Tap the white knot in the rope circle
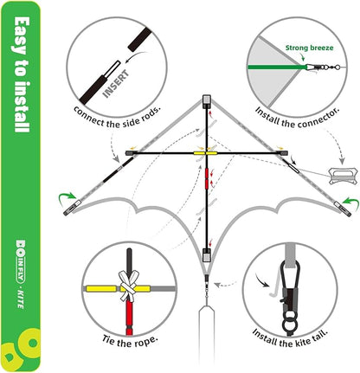click(128, 287)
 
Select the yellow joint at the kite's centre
click(207, 154)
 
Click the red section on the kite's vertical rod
click(207, 181)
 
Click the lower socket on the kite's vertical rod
click(207, 255)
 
